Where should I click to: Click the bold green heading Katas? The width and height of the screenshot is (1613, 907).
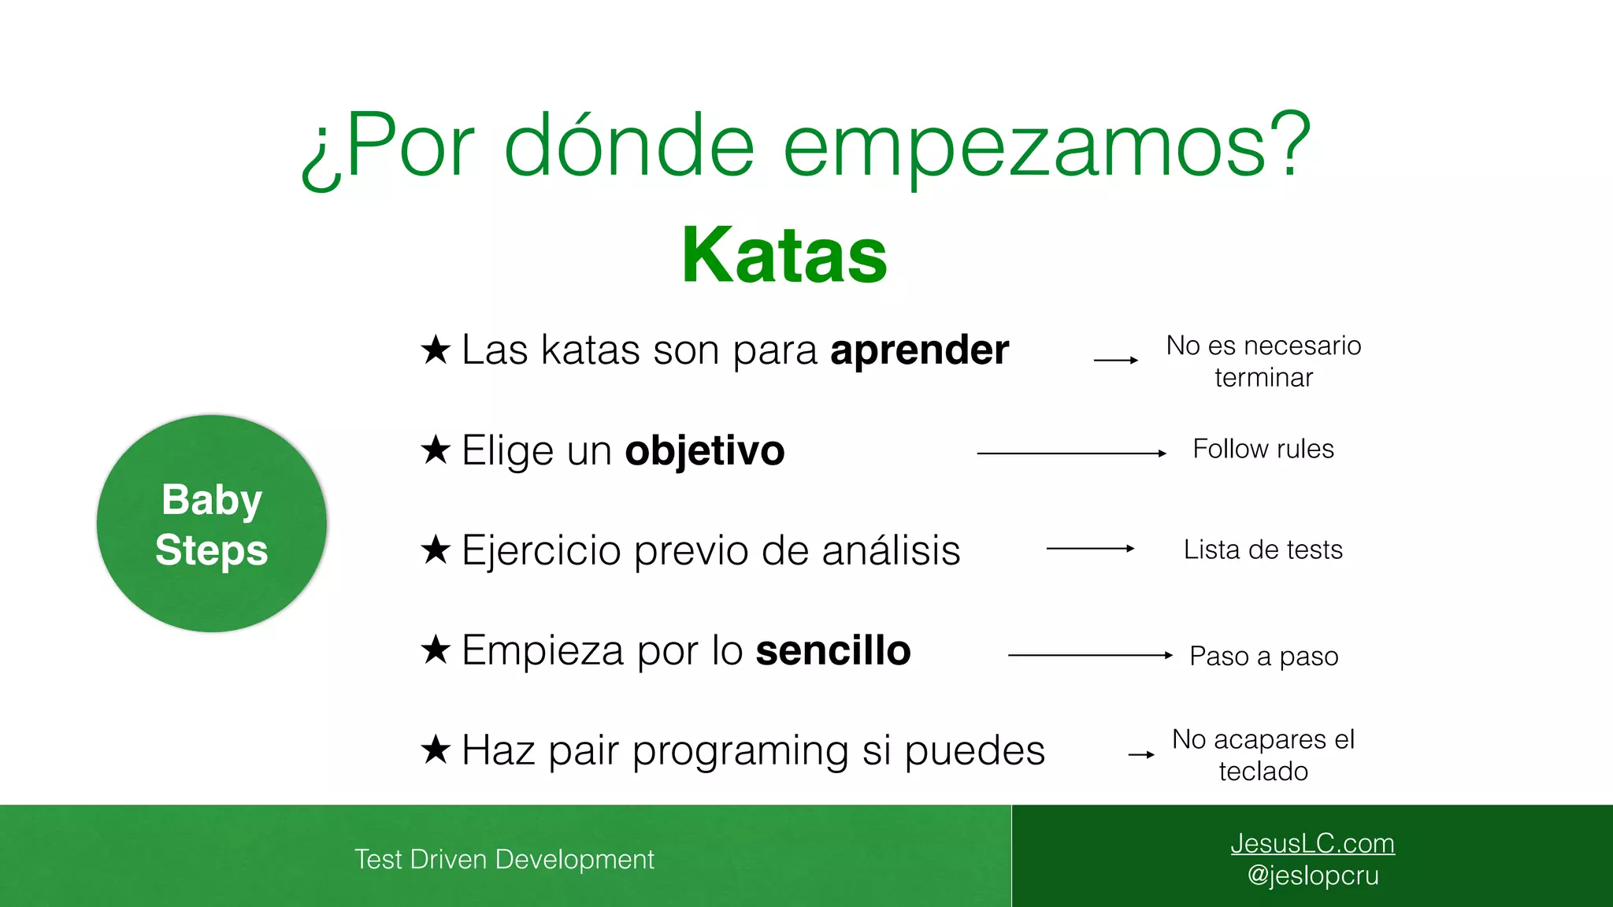pyautogui.click(x=784, y=255)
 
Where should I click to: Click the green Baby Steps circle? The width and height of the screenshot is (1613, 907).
pyautogui.click(x=211, y=524)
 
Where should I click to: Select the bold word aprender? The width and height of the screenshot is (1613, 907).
pyautogui.click(x=919, y=350)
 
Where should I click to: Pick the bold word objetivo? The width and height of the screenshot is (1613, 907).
pyautogui.click(x=704, y=451)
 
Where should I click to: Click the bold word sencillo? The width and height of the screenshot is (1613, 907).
pyautogui.click(x=832, y=651)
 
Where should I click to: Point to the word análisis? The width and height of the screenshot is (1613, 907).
pyautogui.click(x=891, y=550)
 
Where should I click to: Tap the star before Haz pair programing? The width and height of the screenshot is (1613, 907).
pyautogui.click(x=436, y=750)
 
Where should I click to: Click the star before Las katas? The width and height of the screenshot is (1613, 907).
pyautogui.click(x=436, y=350)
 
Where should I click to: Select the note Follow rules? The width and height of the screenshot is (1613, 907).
pyautogui.click(x=1263, y=449)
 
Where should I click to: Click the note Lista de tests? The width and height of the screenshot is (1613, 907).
pyautogui.click(x=1263, y=550)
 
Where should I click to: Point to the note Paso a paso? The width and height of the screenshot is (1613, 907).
pyautogui.click(x=1263, y=656)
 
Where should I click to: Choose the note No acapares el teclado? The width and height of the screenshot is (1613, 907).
pyautogui.click(x=1263, y=755)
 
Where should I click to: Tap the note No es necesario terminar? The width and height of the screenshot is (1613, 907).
pyautogui.click(x=1263, y=361)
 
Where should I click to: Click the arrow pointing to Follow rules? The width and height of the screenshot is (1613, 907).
pyautogui.click(x=1071, y=453)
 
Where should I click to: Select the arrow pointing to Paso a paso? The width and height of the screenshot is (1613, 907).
pyautogui.click(x=1090, y=655)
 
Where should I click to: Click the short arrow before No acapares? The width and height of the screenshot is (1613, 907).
pyautogui.click(x=1141, y=755)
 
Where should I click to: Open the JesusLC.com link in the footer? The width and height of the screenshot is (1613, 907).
pyautogui.click(x=1312, y=843)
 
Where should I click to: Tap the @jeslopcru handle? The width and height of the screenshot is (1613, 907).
pyautogui.click(x=1312, y=876)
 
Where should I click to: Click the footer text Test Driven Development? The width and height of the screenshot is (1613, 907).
pyautogui.click(x=504, y=859)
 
